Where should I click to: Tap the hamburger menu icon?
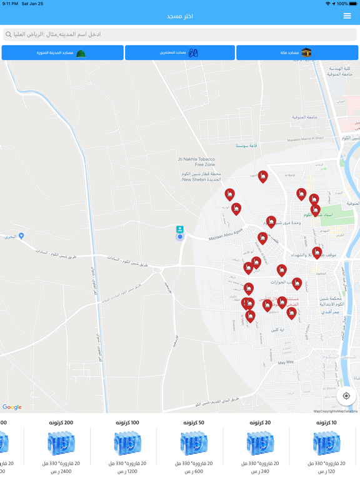pos(347,16)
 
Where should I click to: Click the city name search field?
pos(180,34)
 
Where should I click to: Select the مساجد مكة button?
pos(297,52)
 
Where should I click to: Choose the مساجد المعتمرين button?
pos(180,52)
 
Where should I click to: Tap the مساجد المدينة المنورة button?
pos(62,52)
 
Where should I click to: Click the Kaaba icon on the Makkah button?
pos(306,52)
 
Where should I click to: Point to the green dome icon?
pos(81,53)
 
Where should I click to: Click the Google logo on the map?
pos(12,407)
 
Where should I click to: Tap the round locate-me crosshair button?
pos(346,396)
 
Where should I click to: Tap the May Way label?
pos(286,362)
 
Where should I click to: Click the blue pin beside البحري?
pos(21,236)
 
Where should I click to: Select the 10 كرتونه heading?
pos(326,423)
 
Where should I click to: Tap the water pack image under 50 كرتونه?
pos(194,444)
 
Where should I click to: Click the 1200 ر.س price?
pos(127,471)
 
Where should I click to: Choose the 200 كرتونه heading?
pos(61,423)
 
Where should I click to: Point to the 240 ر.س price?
pos(260,471)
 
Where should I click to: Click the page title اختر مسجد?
pos(180,16)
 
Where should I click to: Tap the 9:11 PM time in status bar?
pos(11,4)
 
